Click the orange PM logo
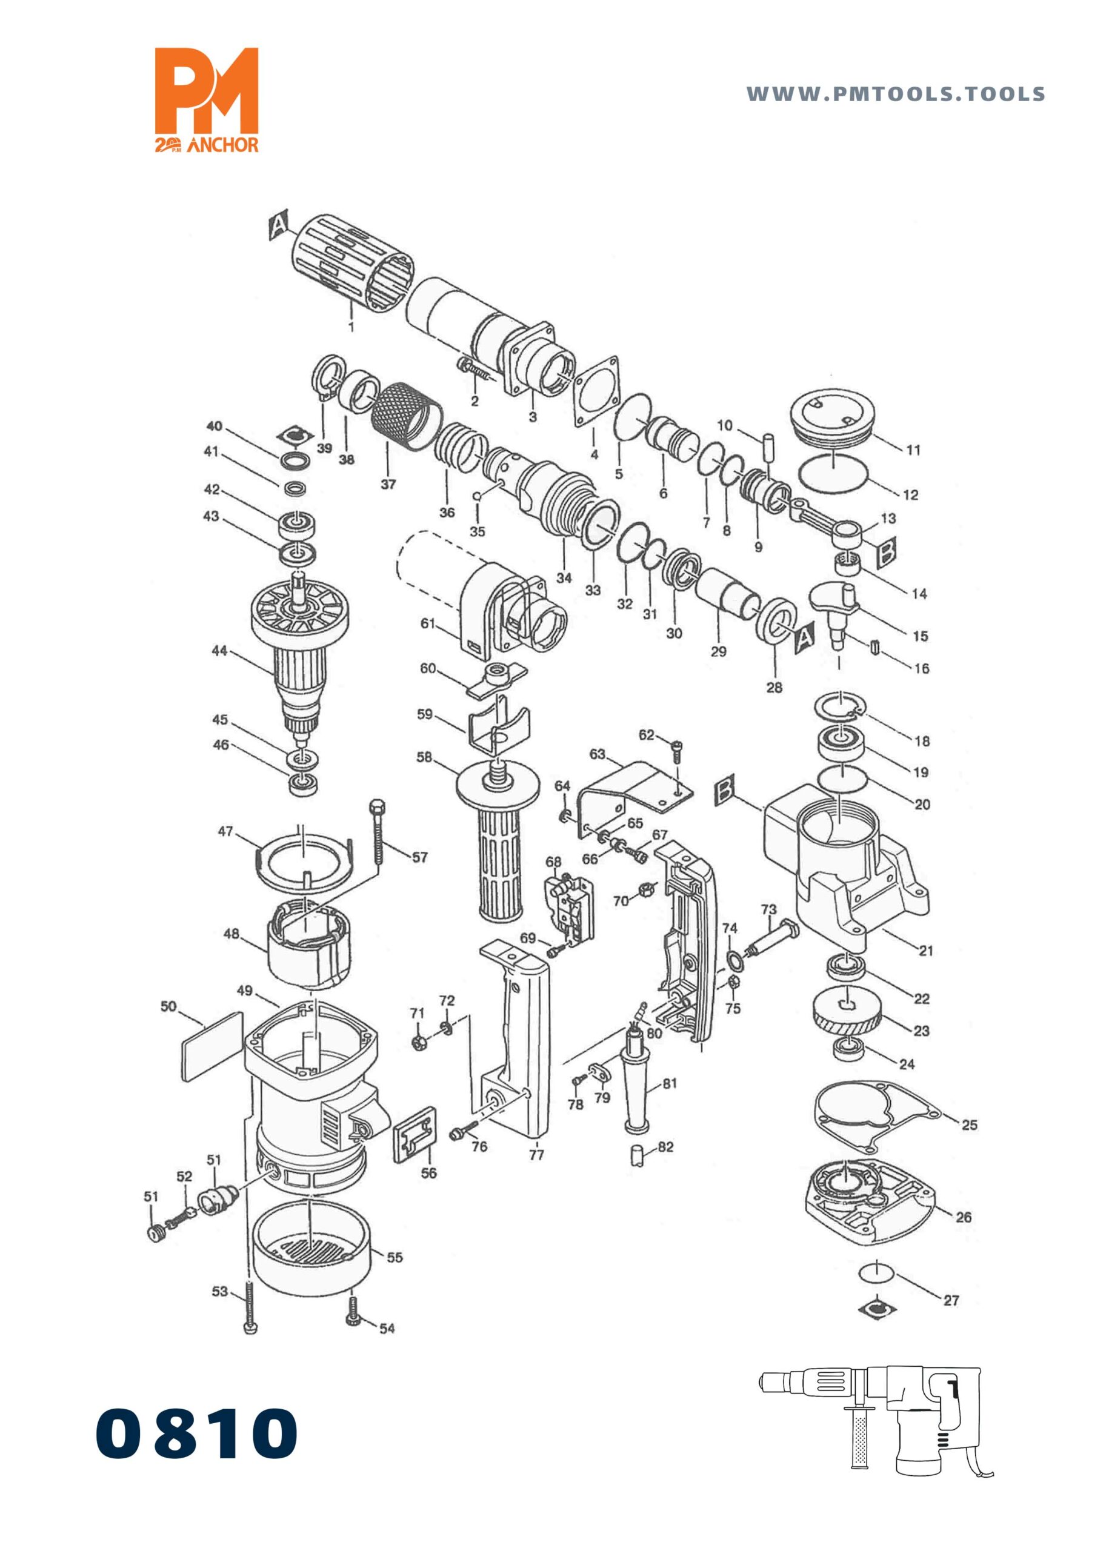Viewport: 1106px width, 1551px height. coord(207,99)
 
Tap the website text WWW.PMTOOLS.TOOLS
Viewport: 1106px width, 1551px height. coord(896,94)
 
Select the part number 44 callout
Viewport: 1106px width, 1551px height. coord(219,651)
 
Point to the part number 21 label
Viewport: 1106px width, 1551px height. coord(926,951)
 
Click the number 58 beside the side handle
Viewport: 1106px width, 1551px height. coord(424,757)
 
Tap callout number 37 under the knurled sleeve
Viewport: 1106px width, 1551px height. coord(388,485)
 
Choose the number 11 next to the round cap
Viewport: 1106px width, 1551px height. coord(913,450)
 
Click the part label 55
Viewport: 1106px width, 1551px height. coord(395,1257)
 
